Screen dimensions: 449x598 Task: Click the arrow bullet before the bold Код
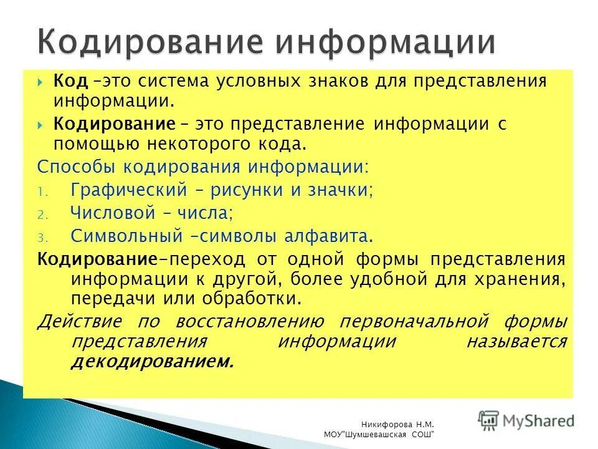coord(40,82)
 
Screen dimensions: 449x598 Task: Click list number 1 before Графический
coord(40,191)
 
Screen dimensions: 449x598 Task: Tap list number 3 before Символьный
coord(40,238)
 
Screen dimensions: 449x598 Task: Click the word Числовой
coord(113,213)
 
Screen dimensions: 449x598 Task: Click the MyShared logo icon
coord(489,420)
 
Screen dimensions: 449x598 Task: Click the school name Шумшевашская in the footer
coord(379,434)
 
